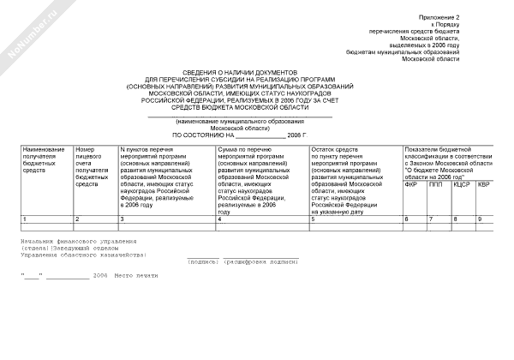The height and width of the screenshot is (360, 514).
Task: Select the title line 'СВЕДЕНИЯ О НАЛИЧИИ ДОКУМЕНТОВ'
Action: pos(240,75)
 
